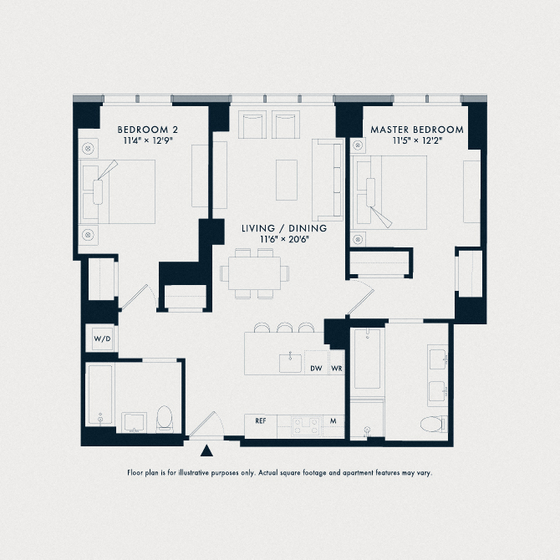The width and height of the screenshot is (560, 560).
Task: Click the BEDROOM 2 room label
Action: [147, 130]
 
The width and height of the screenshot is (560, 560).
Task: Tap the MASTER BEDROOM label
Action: [416, 130]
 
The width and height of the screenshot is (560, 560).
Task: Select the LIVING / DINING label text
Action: [284, 227]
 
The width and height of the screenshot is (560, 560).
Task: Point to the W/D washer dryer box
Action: [102, 339]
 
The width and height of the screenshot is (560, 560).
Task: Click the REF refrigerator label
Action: [262, 421]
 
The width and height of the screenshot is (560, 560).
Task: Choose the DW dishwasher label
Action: [316, 368]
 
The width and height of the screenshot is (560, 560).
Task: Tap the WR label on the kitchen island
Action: [336, 368]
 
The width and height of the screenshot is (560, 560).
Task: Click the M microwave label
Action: [333, 421]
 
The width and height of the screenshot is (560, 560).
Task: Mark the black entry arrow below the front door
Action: [207, 452]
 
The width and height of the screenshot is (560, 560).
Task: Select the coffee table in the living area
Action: [286, 179]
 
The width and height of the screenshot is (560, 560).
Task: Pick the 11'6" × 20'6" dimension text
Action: [284, 239]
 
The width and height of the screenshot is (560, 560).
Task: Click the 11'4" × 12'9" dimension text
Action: [147, 141]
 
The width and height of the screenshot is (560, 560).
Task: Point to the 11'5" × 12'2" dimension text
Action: [416, 141]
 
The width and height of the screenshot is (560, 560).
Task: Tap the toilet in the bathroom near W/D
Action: [165, 418]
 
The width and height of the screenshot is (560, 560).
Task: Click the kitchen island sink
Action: [291, 362]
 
